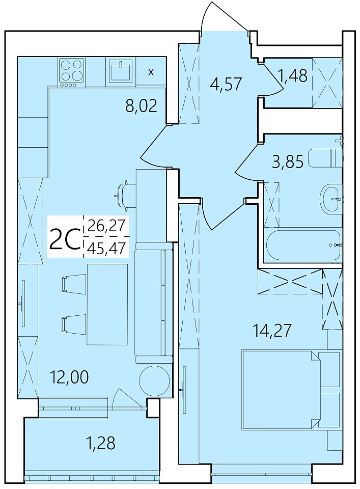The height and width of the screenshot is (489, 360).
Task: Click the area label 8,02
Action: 141,106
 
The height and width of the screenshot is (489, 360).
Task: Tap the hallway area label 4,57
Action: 226,84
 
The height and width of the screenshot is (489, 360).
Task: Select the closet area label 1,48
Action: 294,75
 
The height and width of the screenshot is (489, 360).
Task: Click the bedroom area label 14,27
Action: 273,330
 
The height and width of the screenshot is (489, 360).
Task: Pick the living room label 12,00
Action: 69,377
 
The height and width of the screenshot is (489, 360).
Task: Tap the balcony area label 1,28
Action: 100,443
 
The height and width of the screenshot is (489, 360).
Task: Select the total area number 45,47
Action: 106,249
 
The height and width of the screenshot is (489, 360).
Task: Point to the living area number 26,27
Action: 106,225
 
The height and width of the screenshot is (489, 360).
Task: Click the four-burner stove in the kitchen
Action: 72,72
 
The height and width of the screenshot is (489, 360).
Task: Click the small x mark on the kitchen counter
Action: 151,72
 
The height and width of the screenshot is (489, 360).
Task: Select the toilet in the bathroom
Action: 325,158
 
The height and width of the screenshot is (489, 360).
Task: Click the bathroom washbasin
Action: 331,198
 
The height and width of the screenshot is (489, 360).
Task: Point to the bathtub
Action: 302,245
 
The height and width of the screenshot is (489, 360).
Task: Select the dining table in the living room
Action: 107,305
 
